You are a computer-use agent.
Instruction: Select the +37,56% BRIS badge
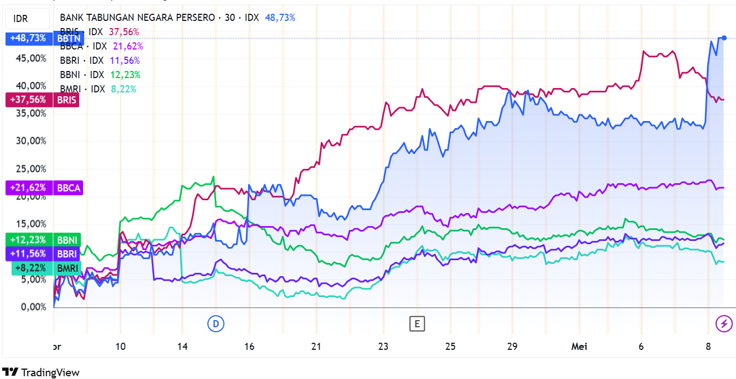[42, 100]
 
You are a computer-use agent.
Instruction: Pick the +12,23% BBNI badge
[43, 240]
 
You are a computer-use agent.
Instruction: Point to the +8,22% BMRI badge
[46, 268]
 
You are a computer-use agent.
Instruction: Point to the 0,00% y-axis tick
[33, 307]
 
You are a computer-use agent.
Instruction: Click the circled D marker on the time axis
[216, 323]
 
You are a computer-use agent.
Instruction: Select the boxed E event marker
[417, 323]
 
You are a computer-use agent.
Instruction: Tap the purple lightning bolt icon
[724, 323]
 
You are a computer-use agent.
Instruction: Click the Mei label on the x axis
[579, 347]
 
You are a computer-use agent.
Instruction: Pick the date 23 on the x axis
[383, 347]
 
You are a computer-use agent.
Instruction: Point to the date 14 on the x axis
[183, 347]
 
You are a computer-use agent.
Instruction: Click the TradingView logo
[41, 372]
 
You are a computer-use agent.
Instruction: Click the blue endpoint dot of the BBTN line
[724, 38]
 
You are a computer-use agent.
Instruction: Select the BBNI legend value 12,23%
[125, 75]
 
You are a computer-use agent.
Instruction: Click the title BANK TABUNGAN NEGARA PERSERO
[137, 18]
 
